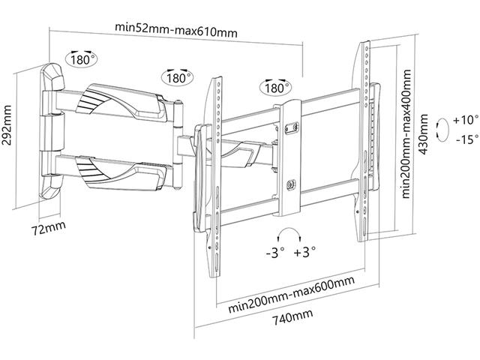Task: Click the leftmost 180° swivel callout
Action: (82, 58)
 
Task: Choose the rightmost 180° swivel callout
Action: (275, 88)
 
